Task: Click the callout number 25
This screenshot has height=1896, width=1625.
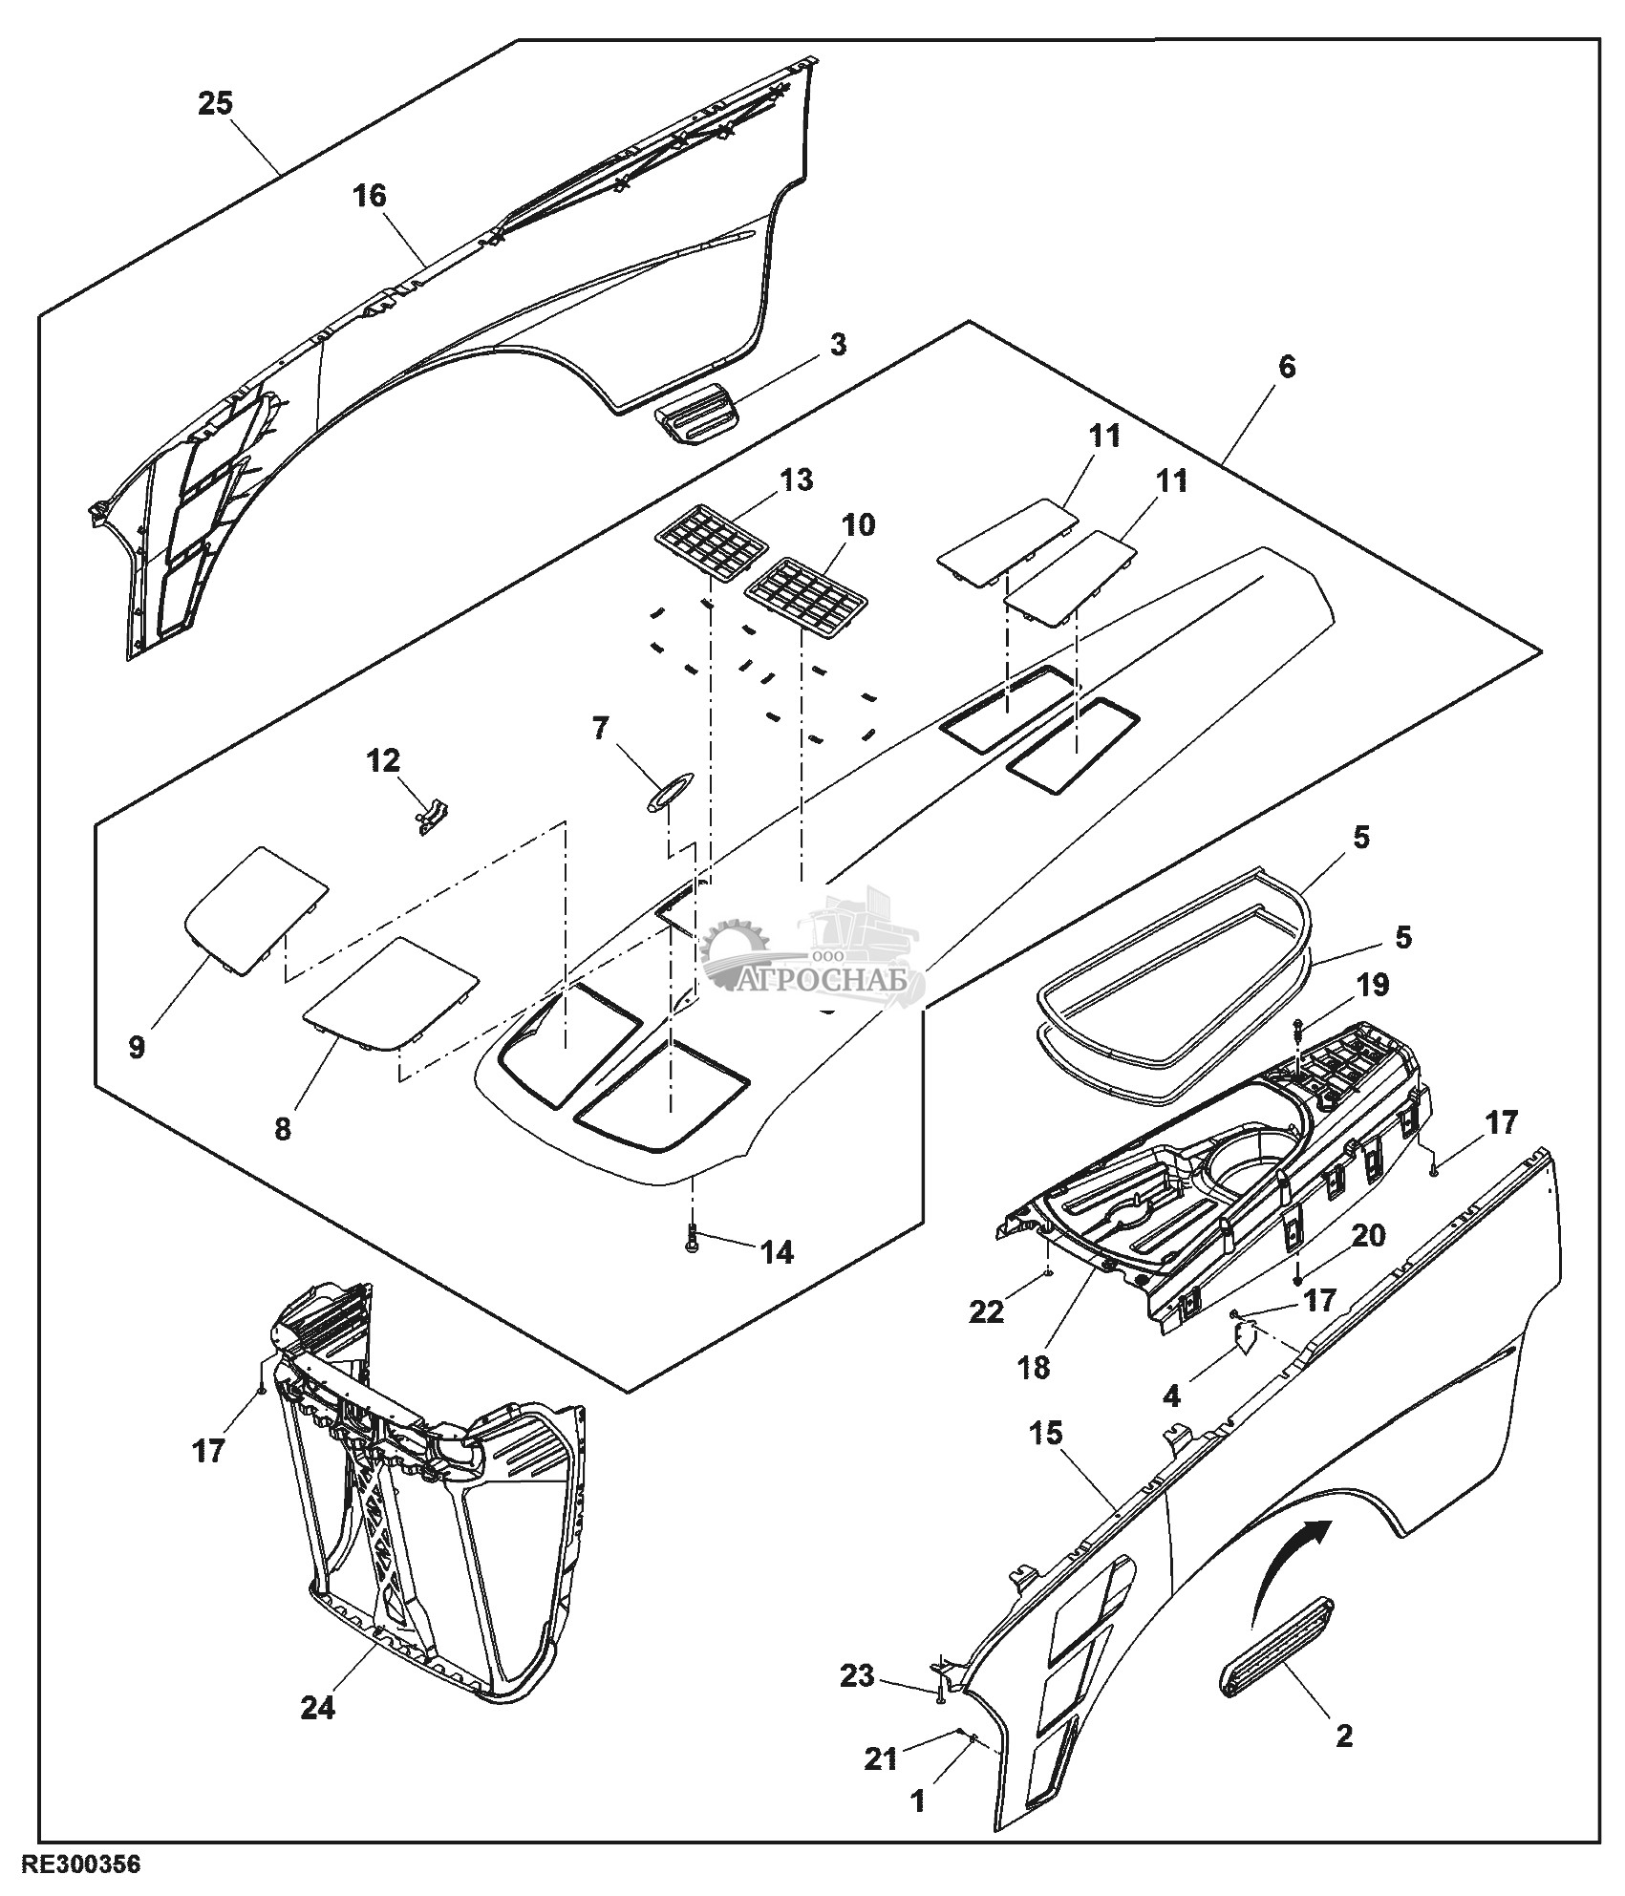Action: tap(216, 103)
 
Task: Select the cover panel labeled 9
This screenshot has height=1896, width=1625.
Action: tap(255, 909)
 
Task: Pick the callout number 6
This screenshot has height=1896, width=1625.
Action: tap(1287, 366)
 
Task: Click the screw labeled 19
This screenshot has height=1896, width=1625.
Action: tap(1298, 1030)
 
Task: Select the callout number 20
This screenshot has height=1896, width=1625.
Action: tap(1369, 1235)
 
